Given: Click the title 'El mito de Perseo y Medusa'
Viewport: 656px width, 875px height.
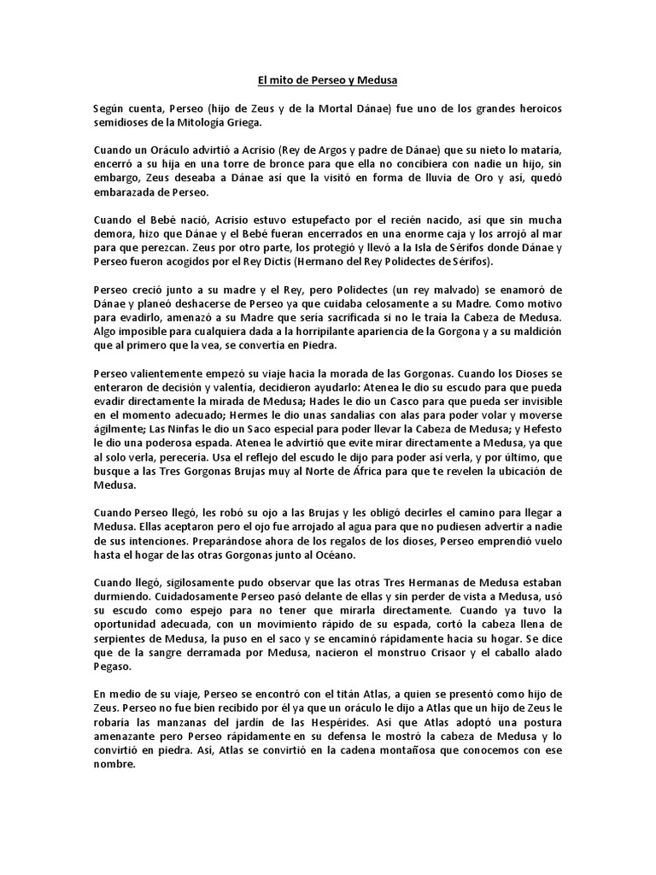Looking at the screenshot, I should [328, 81].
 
